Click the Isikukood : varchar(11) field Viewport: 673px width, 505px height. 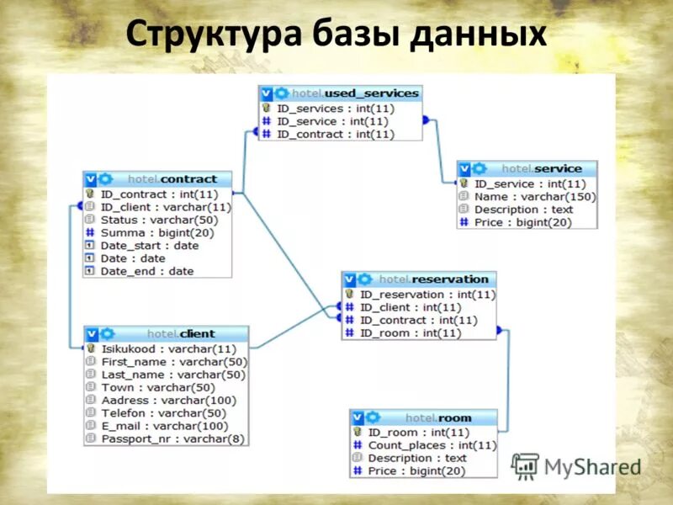coord(168,348)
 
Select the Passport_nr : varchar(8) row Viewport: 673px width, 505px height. coord(172,439)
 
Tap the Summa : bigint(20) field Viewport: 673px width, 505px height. coord(156,232)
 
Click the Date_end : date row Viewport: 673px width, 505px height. coord(146,271)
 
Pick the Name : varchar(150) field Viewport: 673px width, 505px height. coord(534,197)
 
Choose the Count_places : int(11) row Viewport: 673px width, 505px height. coord(432,445)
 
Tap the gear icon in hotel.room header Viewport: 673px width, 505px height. coord(373,417)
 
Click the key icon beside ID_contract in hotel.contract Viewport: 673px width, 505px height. coord(90,194)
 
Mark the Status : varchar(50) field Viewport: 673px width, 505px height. coord(155,220)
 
